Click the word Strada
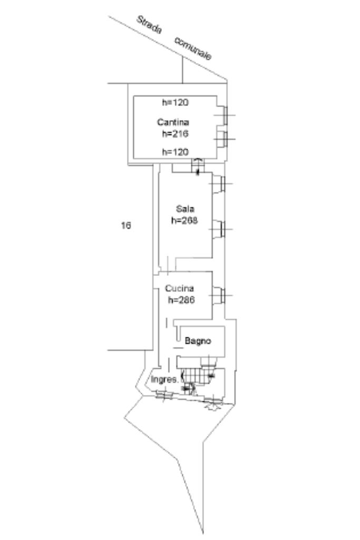(x=149, y=25)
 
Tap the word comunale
(x=193, y=48)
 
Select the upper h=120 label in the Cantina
(x=175, y=102)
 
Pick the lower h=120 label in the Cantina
(x=175, y=152)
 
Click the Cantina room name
(x=173, y=122)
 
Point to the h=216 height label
(x=175, y=133)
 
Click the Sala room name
(x=185, y=209)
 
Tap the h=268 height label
(x=184, y=220)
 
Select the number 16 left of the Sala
(x=126, y=225)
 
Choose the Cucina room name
(x=179, y=288)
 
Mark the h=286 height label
(x=181, y=300)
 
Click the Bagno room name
(x=198, y=341)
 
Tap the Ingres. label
(x=165, y=380)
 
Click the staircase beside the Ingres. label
(x=196, y=376)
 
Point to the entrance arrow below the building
(x=213, y=408)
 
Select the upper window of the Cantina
(x=225, y=115)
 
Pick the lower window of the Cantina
(x=225, y=139)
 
